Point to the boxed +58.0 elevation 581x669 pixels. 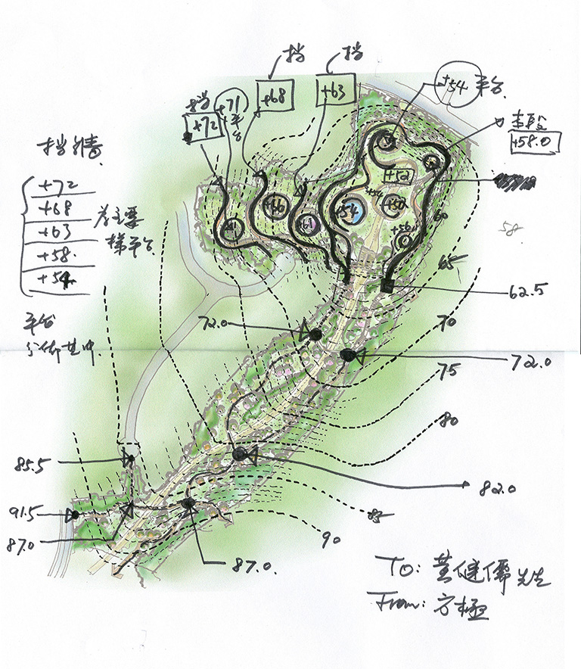click(x=534, y=142)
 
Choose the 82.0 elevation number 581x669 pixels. click(x=497, y=488)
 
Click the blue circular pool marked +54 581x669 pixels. click(x=350, y=211)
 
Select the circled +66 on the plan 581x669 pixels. click(x=276, y=206)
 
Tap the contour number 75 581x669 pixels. click(x=449, y=372)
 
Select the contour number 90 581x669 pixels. click(x=330, y=540)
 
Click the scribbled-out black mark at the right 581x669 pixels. click(x=515, y=181)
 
